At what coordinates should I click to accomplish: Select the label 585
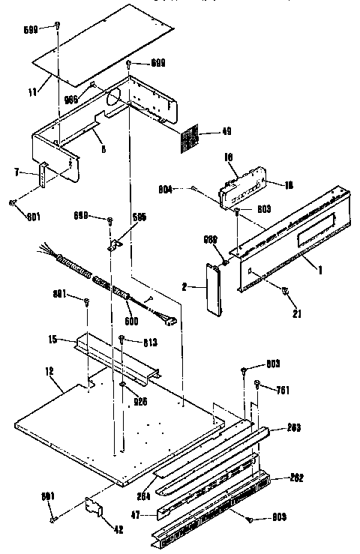(136, 218)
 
